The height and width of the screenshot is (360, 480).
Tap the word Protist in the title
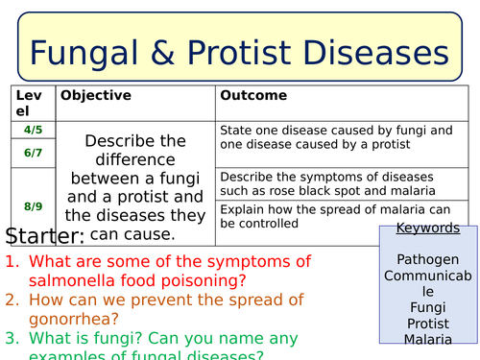coord(248,51)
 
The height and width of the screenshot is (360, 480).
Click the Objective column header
coord(93,96)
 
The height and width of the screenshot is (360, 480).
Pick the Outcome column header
coord(253,96)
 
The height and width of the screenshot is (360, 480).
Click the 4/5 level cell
coord(33,129)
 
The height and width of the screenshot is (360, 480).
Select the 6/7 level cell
coord(33,152)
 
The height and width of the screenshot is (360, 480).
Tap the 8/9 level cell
coord(33,205)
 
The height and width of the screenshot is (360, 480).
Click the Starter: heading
coord(45,236)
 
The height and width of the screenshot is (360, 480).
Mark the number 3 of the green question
coord(11,337)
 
